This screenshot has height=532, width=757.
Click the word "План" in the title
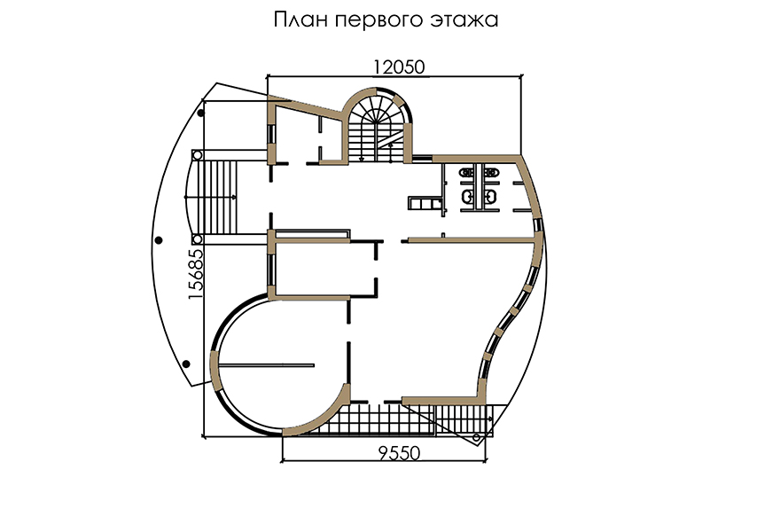click(296, 20)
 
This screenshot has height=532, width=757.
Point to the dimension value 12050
click(399, 67)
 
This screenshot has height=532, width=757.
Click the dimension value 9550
click(399, 453)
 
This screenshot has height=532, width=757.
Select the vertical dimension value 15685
click(196, 274)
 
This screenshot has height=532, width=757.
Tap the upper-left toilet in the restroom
click(466, 173)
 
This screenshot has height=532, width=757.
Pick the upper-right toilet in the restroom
click(491, 173)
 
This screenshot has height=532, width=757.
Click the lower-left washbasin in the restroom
click(467, 196)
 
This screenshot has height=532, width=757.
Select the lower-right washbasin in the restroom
click(491, 196)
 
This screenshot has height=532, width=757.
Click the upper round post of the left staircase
click(197, 155)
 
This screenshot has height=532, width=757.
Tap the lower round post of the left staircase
click(197, 239)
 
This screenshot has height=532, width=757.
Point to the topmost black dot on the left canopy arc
click(201, 113)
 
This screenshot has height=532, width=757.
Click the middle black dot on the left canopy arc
click(159, 240)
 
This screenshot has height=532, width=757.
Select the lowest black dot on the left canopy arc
click(186, 364)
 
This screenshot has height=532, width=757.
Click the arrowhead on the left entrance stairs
click(234, 197)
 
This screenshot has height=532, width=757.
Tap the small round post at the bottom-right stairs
click(477, 438)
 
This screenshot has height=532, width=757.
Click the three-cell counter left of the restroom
click(425, 203)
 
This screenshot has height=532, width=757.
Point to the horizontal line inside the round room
click(266, 365)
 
